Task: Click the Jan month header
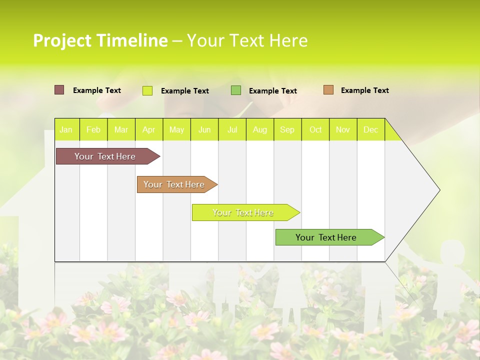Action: (x=66, y=130)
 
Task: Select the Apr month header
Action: (x=148, y=130)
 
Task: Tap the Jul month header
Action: (x=232, y=130)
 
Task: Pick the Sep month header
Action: (x=287, y=130)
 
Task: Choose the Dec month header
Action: (x=370, y=130)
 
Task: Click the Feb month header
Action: (x=93, y=130)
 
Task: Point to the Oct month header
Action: (x=315, y=130)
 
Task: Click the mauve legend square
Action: (x=59, y=90)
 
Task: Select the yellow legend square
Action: (x=147, y=90)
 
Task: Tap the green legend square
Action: (x=236, y=90)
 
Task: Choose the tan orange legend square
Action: (x=328, y=90)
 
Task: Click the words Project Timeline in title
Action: (x=100, y=40)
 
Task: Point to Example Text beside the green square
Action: (x=272, y=91)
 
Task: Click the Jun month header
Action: (x=204, y=130)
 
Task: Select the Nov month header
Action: (x=343, y=130)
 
